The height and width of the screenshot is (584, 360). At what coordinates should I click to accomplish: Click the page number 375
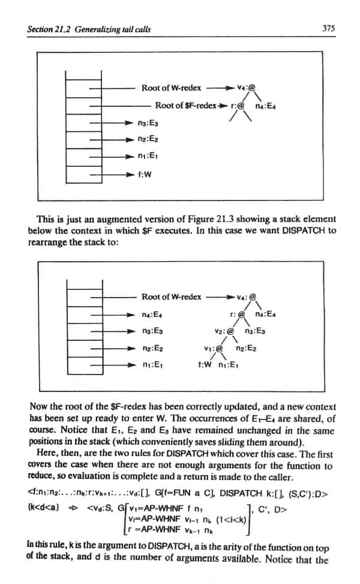click(328, 28)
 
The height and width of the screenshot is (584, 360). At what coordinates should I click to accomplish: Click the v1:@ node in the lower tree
click(214, 348)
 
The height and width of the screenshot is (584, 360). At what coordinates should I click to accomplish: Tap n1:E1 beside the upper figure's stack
click(148, 158)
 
